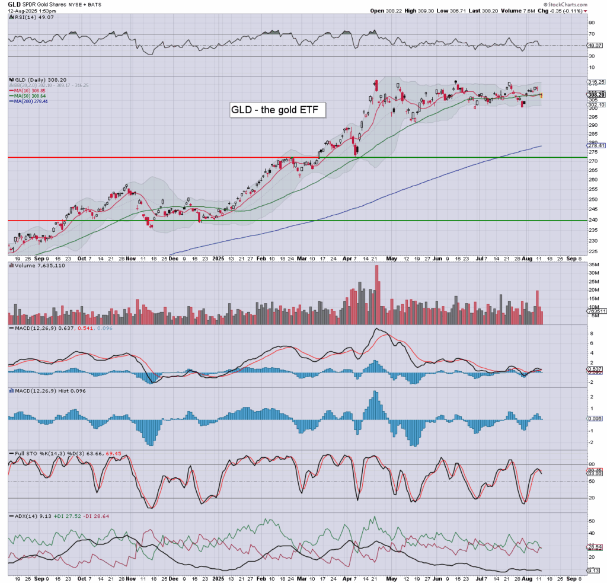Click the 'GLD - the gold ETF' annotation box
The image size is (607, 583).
(x=277, y=110)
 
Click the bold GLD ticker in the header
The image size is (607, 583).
(x=14, y=4)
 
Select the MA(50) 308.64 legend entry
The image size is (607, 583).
(x=29, y=95)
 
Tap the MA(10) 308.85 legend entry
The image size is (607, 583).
(x=29, y=90)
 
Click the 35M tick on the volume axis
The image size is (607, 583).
(x=593, y=273)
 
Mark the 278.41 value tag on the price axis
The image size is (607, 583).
(x=595, y=145)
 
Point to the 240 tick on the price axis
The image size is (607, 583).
(x=591, y=220)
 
